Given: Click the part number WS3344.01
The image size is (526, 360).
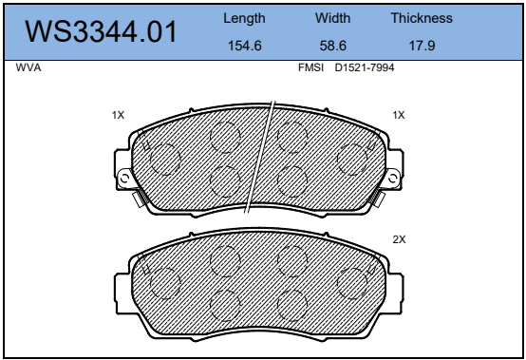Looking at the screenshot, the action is pyautogui.click(x=101, y=31).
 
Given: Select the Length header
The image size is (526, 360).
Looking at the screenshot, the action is pyautogui.click(x=244, y=18).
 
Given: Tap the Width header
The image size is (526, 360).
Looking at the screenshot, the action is pyautogui.click(x=332, y=18).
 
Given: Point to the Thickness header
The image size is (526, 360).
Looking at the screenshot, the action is pyautogui.click(x=422, y=18).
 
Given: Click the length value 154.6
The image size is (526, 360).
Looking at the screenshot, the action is pyautogui.click(x=245, y=46).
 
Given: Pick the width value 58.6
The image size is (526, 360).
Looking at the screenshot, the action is pyautogui.click(x=332, y=46).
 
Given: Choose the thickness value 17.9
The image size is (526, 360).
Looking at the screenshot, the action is pyautogui.click(x=422, y=46).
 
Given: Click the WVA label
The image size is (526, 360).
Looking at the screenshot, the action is pyautogui.click(x=28, y=67).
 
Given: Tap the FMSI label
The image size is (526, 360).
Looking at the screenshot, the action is pyautogui.click(x=310, y=67).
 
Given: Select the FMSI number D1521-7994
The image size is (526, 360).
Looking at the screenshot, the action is pyautogui.click(x=365, y=67).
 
